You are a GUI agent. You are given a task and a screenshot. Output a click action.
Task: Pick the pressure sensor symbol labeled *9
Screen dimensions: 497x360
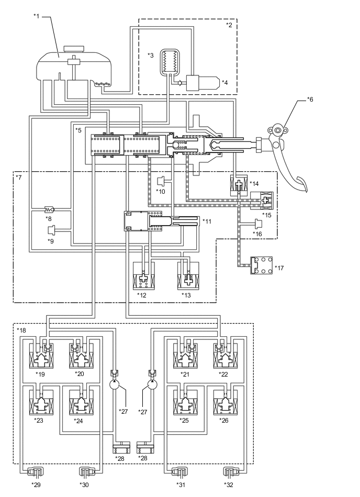click(x=51, y=230)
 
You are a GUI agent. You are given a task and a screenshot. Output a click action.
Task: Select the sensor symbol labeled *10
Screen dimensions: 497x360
click(x=161, y=181)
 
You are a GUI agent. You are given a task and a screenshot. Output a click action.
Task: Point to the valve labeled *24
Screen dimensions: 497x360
click(x=81, y=403)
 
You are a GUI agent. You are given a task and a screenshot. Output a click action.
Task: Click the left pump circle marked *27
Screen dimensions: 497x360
click(x=114, y=385)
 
